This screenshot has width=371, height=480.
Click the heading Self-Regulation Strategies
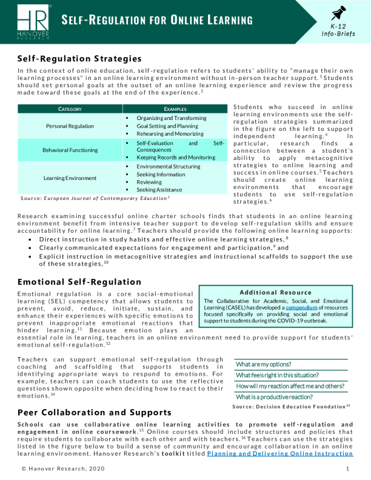[x=79, y=59]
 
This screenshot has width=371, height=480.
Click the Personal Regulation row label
[x=70, y=126]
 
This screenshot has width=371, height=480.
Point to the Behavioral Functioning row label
[x=70, y=150]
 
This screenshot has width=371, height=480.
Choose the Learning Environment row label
[x=70, y=178]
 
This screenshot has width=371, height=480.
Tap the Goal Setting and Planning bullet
[x=167, y=125]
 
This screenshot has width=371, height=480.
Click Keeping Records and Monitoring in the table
[x=176, y=158]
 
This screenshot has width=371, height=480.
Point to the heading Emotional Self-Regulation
[x=79, y=282]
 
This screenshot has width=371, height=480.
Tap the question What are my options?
[x=264, y=365]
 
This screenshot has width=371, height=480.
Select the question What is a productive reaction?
[x=275, y=397]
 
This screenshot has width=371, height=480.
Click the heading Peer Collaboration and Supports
[x=95, y=412]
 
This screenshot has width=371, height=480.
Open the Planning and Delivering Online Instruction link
[x=279, y=453]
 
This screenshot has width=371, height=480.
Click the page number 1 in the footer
[x=347, y=469]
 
